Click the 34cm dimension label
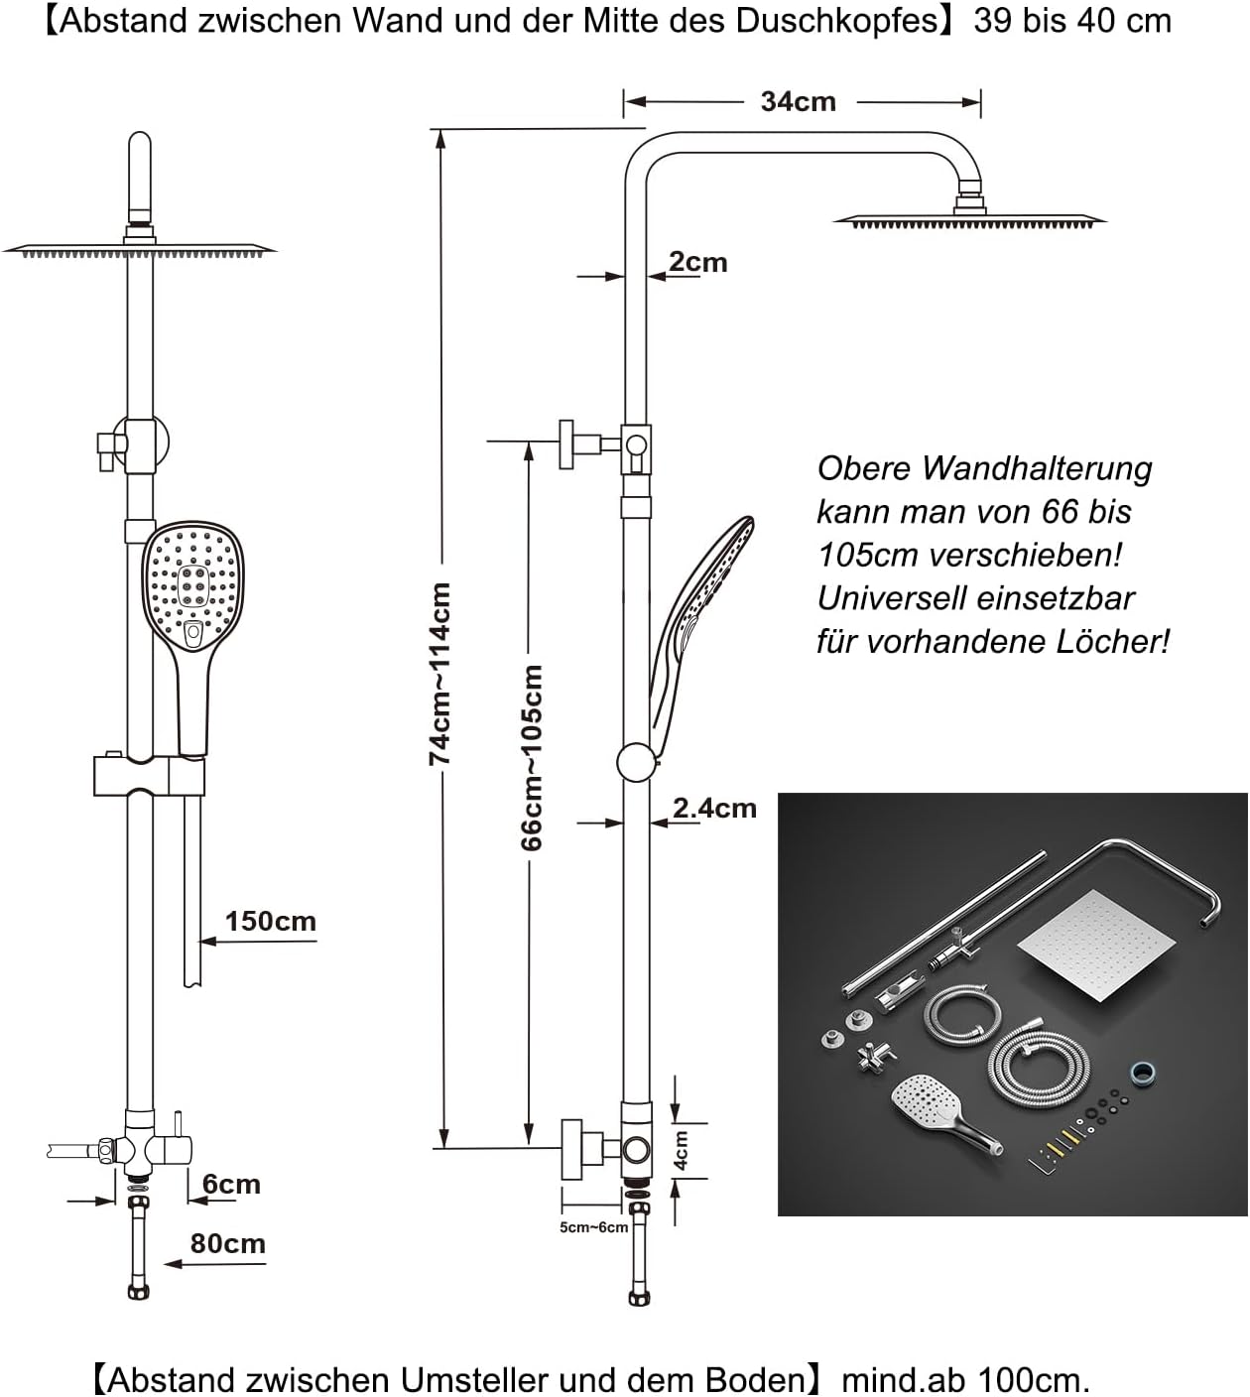click(798, 101)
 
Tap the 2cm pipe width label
click(697, 262)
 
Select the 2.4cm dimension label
click(714, 809)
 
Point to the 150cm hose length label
click(270, 921)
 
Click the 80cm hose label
click(227, 1243)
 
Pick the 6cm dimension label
click(231, 1184)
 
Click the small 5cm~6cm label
click(593, 1227)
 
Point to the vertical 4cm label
click(683, 1150)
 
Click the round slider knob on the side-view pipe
click(636, 763)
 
